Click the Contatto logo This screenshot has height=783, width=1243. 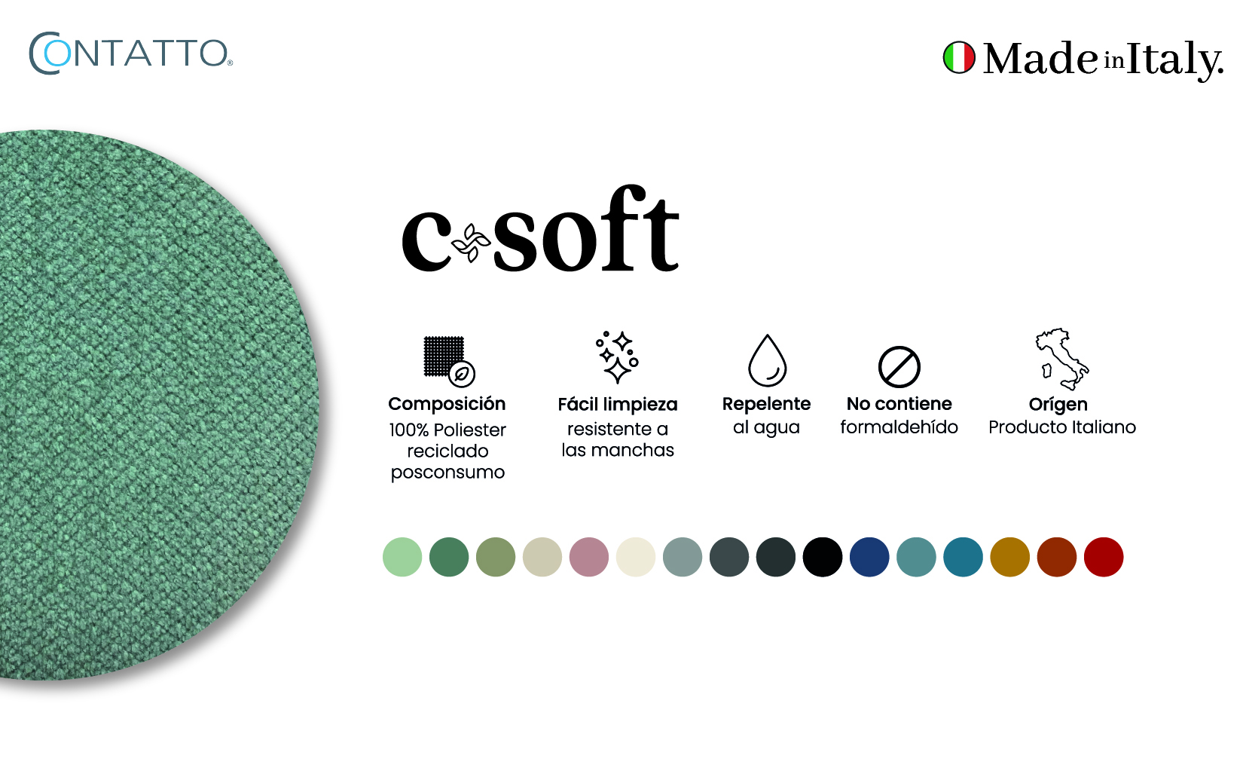[131, 54]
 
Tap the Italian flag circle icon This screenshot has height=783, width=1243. [959, 57]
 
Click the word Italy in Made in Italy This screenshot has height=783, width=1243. [1174, 60]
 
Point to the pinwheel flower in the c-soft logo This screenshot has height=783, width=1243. [471, 243]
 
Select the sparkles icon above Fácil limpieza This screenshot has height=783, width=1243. [617, 356]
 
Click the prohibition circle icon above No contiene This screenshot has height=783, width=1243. [899, 367]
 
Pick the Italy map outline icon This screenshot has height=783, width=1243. [1062, 359]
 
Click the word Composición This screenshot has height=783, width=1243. [447, 404]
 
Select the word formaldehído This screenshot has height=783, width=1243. [899, 427]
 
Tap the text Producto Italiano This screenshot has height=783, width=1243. [1062, 427]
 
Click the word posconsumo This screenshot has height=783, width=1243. [447, 473]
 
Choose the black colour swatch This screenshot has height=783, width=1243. [823, 557]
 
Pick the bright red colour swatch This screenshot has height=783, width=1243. [1103, 557]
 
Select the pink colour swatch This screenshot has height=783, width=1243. [589, 557]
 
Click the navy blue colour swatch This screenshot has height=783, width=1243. [869, 557]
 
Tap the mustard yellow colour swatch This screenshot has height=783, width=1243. [1009, 557]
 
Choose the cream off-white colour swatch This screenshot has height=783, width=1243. [635, 557]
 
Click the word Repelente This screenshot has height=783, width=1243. [766, 404]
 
